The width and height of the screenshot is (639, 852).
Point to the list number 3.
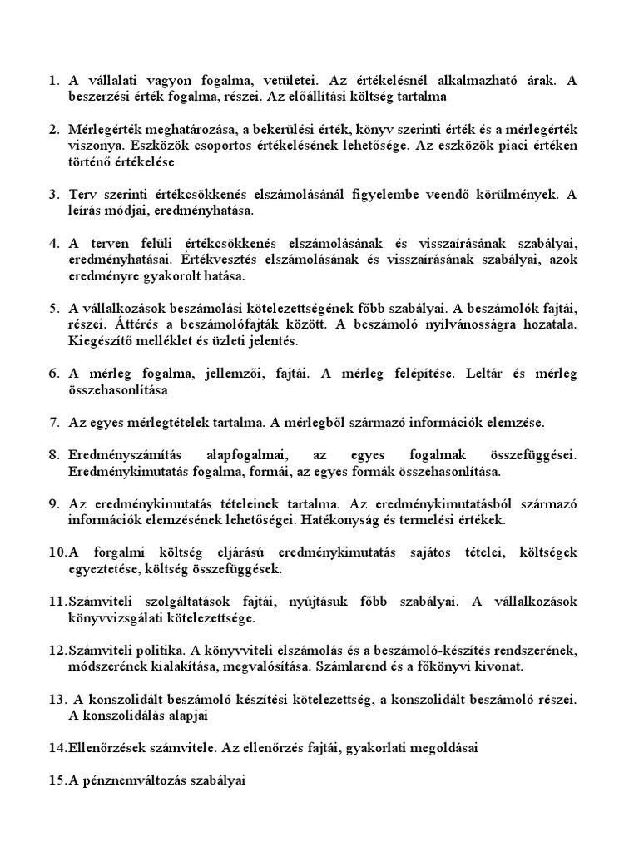tap(52, 195)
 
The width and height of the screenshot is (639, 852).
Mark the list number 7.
tap(52, 422)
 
